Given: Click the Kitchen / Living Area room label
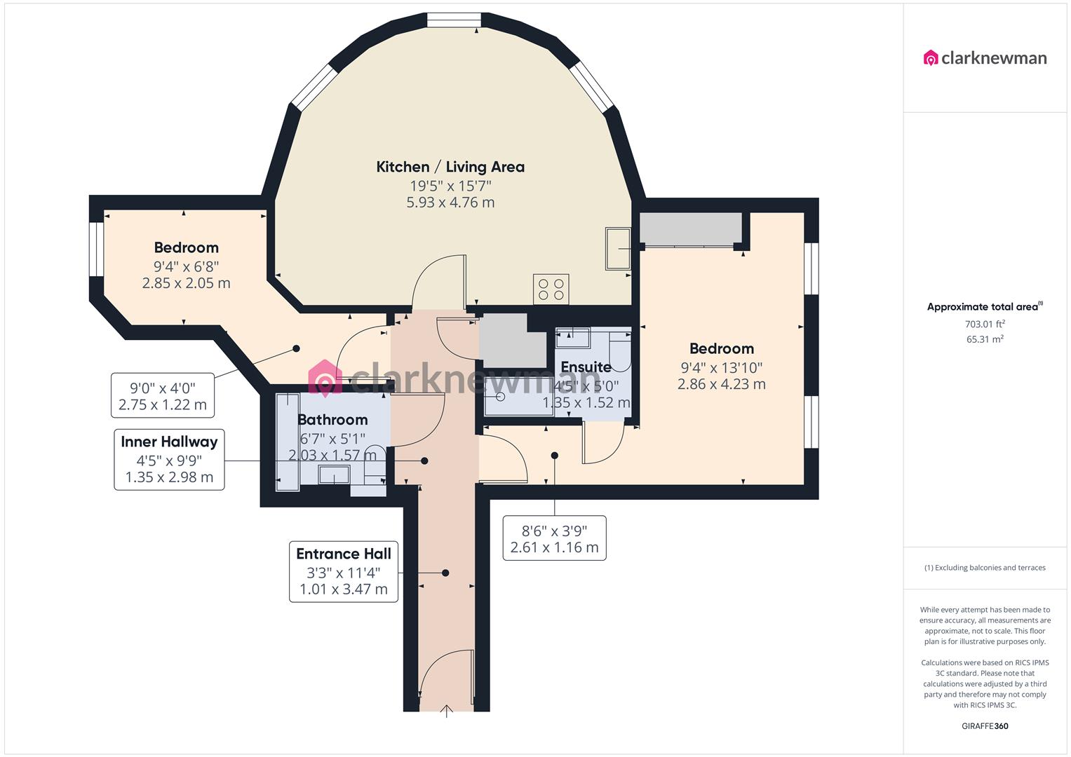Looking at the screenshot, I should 450,167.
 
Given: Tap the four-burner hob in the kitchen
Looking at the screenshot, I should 551,288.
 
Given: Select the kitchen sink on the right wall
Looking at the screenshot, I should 618,248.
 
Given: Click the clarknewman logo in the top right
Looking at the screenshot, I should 985,58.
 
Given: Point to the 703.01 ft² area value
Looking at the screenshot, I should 985,324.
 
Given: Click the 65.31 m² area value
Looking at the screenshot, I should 985,339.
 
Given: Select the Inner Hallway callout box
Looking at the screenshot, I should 169,459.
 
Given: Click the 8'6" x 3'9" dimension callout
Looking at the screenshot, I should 554,538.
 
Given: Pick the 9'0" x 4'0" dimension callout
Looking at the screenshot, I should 163,395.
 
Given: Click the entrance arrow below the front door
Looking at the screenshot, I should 447,712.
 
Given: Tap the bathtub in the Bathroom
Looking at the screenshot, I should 287,442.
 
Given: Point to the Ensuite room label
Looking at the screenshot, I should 586,367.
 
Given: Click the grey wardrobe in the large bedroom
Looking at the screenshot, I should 690,229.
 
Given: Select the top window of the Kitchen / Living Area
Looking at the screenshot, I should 454,20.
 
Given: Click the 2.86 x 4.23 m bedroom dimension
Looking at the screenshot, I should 721,384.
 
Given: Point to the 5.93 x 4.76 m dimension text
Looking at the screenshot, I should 450,203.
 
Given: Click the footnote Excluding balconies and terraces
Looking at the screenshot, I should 985,568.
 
